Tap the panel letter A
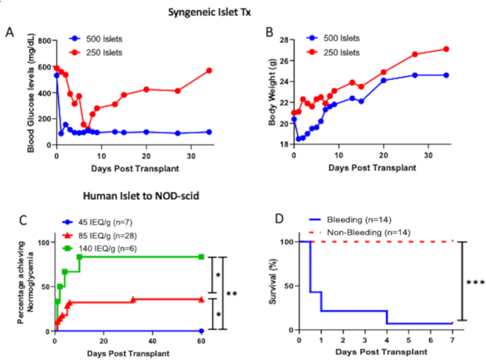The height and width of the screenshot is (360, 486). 10,33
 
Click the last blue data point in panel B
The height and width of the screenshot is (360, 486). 446,75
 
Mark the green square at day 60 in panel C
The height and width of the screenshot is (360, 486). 201,256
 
